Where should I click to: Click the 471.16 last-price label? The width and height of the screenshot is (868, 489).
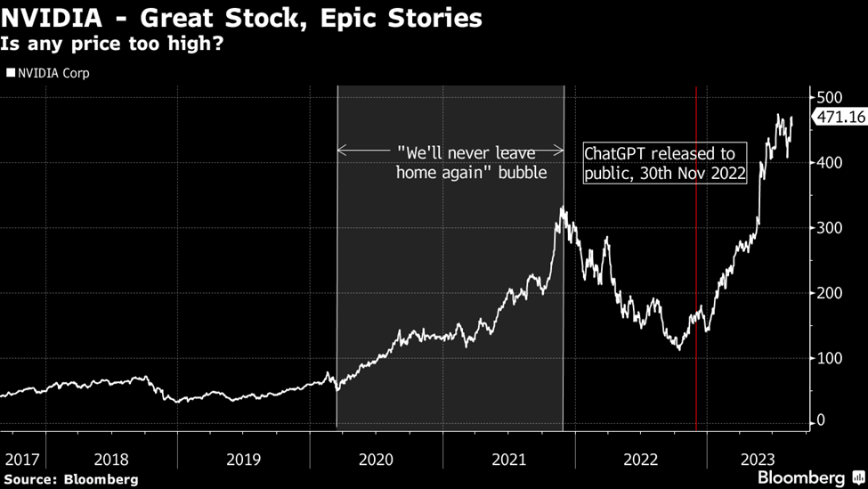[x=840, y=117]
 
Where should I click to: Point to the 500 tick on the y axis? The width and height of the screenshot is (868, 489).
[x=829, y=97]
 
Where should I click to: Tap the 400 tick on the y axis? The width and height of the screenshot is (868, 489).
[x=829, y=163]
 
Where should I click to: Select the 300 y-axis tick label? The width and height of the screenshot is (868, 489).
[x=829, y=228]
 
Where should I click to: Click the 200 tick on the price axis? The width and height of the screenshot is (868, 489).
[x=829, y=294]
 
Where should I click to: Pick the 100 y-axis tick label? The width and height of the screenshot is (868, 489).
[x=829, y=358]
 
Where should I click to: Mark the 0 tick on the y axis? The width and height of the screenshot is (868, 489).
[x=821, y=421]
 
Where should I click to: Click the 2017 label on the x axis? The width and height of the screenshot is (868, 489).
[x=22, y=460]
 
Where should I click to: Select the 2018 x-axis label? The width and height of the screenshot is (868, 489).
[x=111, y=460]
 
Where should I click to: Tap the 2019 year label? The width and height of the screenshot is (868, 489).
[x=244, y=460]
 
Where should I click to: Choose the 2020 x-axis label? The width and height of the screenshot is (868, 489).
[x=376, y=460]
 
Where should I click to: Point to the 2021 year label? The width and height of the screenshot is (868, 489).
[x=508, y=460]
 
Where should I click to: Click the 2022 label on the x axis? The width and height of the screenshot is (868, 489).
[x=641, y=460]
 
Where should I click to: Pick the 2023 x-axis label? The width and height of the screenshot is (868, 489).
[x=758, y=460]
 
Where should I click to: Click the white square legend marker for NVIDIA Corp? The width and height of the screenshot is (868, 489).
[x=11, y=72]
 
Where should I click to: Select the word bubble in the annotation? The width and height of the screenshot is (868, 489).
[x=523, y=173]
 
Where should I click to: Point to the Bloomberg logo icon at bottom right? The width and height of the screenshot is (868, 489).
[x=858, y=477]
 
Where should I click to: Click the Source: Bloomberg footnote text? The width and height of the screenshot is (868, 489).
[x=71, y=479]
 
